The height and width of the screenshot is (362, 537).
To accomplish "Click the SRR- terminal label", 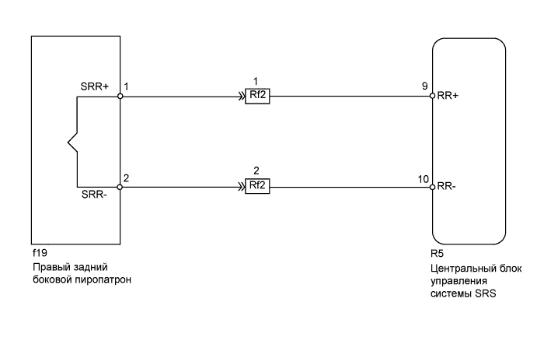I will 95,195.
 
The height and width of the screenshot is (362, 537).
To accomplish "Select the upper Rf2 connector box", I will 257,97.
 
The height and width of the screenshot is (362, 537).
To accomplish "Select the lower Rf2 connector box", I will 257,187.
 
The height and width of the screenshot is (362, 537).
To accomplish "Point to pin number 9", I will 425,85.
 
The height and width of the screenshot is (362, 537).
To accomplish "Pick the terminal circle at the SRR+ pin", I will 121,97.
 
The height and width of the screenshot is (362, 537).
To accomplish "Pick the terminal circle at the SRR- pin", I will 121,187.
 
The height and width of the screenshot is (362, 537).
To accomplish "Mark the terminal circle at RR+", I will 431,97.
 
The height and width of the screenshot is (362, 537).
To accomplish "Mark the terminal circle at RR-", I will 431,187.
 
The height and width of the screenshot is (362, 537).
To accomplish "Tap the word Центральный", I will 462,267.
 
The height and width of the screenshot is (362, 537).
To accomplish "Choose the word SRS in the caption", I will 484,293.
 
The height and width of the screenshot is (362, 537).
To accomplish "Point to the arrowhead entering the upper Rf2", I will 242,97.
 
